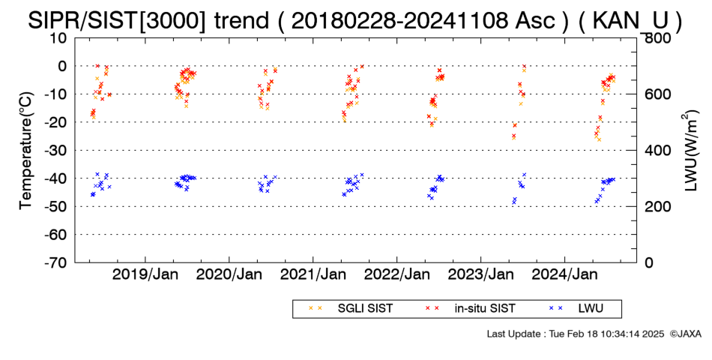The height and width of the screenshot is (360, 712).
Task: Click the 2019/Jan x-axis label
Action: [145, 274]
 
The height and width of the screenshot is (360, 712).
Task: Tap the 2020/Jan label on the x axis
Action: [229, 274]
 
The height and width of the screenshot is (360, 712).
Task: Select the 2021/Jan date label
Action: [313, 274]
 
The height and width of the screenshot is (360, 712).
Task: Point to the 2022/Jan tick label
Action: [397, 274]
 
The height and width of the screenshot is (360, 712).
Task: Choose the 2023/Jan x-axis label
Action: [481, 274]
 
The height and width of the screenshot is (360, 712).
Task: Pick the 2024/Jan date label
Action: [564, 274]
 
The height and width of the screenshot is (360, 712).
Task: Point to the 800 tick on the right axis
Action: [655, 38]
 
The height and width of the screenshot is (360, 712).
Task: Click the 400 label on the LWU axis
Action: [655, 151]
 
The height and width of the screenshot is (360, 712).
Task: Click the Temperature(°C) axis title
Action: [26, 151]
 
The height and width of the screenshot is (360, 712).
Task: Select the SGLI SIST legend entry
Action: [350, 309]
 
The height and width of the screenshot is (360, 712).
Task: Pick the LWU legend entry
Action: [576, 309]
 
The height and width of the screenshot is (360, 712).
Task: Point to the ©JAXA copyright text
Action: [686, 334]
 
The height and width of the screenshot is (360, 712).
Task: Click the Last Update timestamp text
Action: [576, 334]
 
